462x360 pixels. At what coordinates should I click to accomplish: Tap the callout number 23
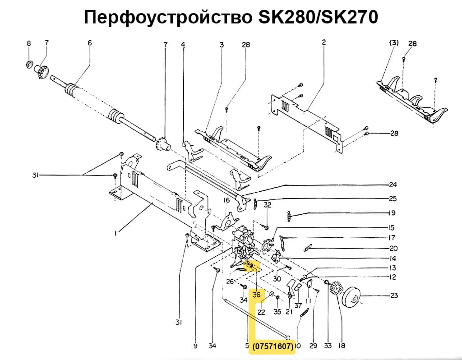[x=394, y=296]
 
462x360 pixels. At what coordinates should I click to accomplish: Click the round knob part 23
[x=355, y=298]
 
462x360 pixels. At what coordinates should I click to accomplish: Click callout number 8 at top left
[x=28, y=43]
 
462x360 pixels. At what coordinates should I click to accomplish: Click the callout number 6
[x=89, y=43]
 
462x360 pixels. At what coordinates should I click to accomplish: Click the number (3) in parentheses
[x=394, y=43]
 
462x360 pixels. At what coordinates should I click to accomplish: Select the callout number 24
[x=393, y=184]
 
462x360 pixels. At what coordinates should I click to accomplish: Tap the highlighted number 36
[x=256, y=295]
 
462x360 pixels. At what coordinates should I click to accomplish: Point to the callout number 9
[x=195, y=346]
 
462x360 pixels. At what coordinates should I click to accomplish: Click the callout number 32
[x=267, y=205]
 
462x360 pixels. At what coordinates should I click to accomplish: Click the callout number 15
[x=392, y=227]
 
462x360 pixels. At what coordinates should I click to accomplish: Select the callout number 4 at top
[x=183, y=44]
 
